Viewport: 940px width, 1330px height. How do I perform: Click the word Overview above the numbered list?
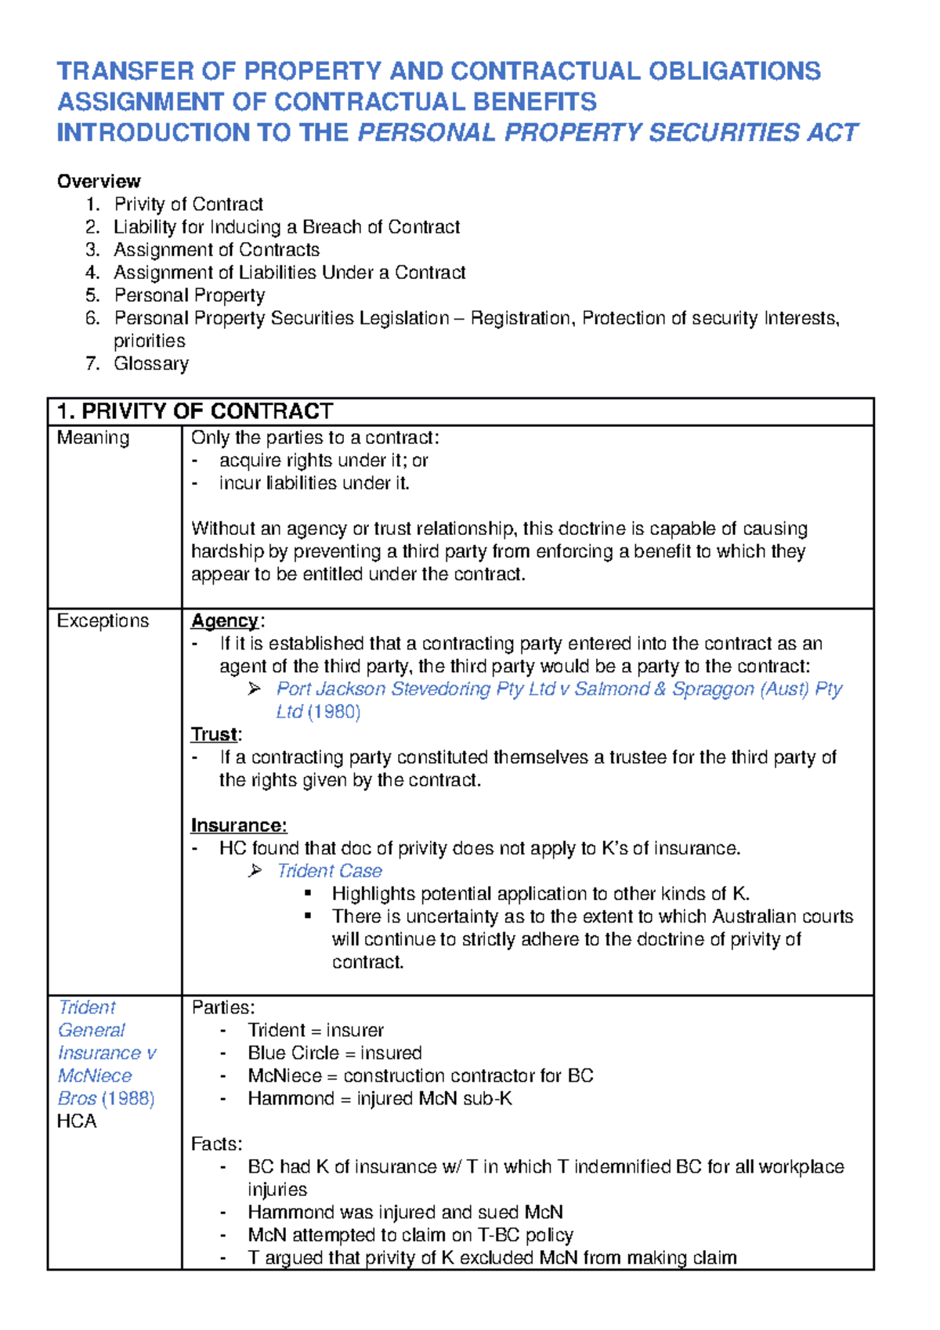[99, 181]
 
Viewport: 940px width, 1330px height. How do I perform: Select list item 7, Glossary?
[151, 363]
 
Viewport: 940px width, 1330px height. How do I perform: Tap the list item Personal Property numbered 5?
[190, 295]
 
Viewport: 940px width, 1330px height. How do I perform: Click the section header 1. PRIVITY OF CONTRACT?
[195, 411]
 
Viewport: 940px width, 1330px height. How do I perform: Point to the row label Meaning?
[93, 438]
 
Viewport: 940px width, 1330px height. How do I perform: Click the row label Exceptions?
[103, 621]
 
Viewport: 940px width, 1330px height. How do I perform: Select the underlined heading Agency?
[225, 621]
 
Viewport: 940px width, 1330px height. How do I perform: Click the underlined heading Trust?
[214, 735]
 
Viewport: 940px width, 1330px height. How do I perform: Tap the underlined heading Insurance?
[239, 826]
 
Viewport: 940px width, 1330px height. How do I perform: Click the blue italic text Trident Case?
[329, 871]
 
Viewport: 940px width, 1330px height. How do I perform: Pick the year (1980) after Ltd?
[334, 712]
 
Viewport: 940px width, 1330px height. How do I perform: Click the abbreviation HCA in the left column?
[77, 1121]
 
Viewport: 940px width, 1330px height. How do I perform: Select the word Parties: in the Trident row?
[223, 1007]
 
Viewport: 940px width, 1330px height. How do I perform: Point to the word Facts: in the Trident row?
[217, 1144]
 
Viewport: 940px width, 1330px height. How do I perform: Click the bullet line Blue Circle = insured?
[334, 1053]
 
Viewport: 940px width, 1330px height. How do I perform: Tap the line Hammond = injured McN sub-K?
[380, 1098]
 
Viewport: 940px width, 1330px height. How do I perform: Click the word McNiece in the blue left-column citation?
[95, 1075]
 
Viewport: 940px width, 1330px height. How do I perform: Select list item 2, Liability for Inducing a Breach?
[287, 227]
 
